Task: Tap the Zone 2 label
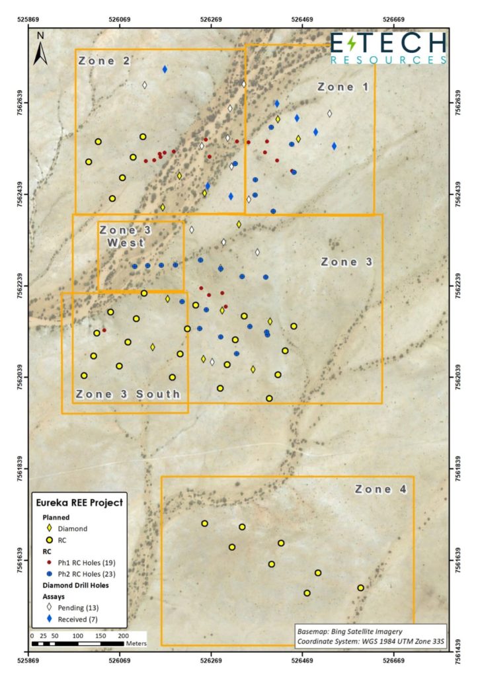click(104, 61)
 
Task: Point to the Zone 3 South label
click(128, 395)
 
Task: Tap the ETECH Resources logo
click(388, 48)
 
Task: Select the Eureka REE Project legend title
click(79, 502)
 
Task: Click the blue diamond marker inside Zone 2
click(165, 69)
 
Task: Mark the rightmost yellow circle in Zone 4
click(360, 588)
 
